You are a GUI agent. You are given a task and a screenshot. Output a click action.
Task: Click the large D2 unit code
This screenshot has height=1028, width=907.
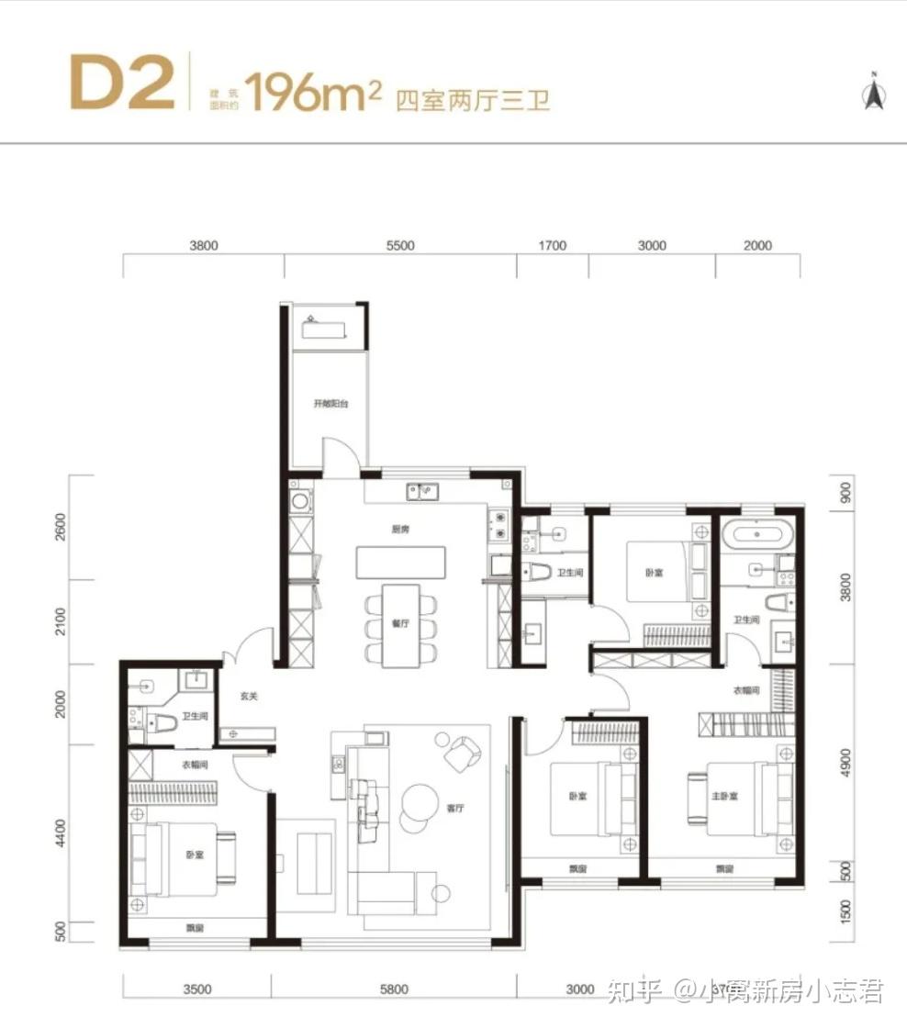tap(122, 84)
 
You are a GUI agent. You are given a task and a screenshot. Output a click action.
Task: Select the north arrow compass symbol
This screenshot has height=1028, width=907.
tap(872, 92)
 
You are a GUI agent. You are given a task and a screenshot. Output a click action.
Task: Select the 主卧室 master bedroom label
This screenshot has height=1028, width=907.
tap(725, 796)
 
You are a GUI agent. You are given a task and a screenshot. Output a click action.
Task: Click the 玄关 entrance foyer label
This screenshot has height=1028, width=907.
tap(249, 697)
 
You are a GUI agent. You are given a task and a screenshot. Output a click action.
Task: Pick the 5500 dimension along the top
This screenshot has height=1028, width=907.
tap(400, 246)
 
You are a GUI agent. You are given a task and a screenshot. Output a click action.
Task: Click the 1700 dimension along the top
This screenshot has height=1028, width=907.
tap(553, 246)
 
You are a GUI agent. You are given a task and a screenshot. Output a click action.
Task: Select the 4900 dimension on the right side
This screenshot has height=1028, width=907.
tap(846, 762)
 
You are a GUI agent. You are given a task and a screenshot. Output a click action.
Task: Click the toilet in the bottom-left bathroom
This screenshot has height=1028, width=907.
tap(160, 724)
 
